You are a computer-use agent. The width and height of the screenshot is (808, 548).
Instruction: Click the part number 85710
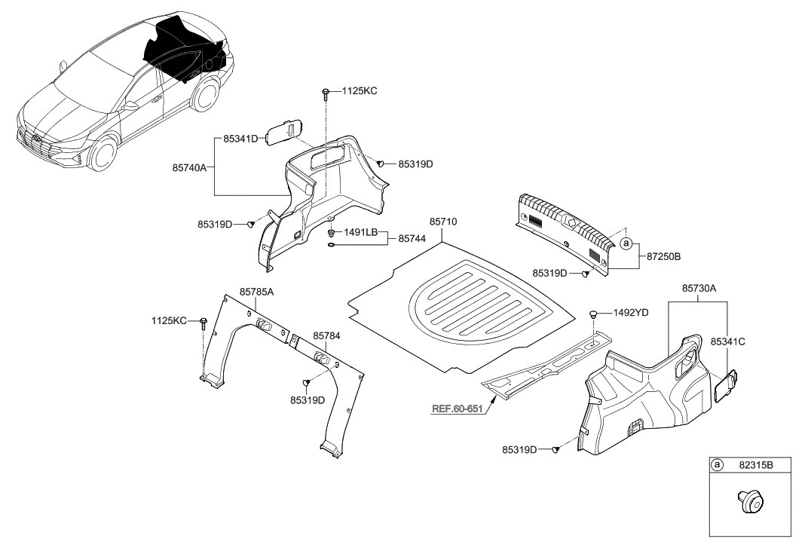pyautogui.click(x=444, y=222)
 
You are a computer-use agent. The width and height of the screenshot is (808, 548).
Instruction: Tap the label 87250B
pyautogui.click(x=663, y=257)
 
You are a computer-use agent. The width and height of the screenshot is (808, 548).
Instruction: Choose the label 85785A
pyautogui.click(x=256, y=290)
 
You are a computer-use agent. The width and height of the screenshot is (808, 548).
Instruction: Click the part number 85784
pyautogui.click(x=328, y=335)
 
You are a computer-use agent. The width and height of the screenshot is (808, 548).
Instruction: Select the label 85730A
pyautogui.click(x=699, y=287)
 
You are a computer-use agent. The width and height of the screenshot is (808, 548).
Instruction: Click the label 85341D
pyautogui.click(x=241, y=139)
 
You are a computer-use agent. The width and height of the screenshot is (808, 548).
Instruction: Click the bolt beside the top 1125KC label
pyautogui.click(x=325, y=93)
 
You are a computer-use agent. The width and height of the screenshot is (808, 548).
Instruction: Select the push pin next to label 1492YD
pyautogui.click(x=594, y=313)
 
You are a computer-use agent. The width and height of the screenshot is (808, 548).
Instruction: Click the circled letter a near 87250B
pyautogui.click(x=626, y=243)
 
